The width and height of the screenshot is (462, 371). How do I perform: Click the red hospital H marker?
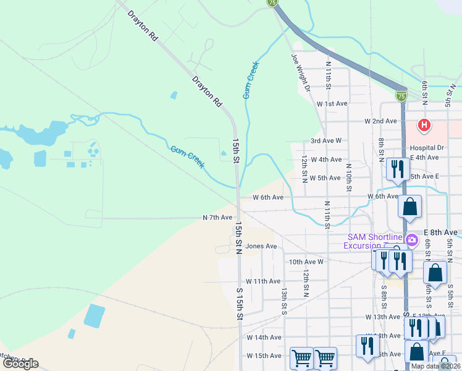(424, 126)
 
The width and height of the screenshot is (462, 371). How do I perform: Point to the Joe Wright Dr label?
(300, 72)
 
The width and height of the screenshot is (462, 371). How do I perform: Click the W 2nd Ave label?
(380, 121)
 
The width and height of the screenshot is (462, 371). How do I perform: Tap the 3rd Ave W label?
(325, 141)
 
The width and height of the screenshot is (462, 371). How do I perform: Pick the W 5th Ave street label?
(325, 178)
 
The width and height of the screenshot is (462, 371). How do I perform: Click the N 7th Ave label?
(217, 218)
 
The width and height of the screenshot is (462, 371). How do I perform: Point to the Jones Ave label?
(261, 246)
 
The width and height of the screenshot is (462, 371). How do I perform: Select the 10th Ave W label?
(306, 262)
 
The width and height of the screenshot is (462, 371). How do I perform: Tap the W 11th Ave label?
(263, 281)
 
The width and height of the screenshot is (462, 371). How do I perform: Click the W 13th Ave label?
(382, 317)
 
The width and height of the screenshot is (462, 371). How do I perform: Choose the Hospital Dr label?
(427, 148)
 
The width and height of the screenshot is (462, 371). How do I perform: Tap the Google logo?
(20, 364)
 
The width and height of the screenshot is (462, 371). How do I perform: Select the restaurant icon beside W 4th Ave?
(397, 169)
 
